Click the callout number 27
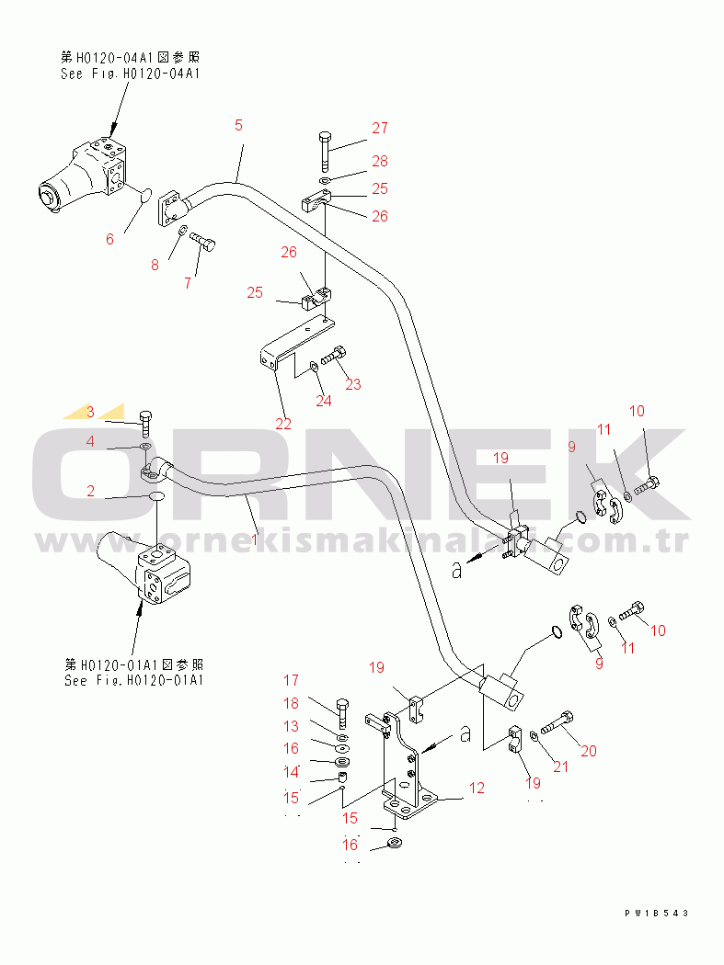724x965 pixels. coord(380,129)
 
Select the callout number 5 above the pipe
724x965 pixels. coord(238,125)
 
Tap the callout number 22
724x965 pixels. coord(282,424)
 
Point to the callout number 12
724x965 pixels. coord(476,788)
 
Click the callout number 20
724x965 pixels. coord(588,751)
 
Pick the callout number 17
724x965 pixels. coord(291,681)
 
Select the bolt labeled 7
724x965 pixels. coord(205,243)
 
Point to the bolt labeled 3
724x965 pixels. coord(146,423)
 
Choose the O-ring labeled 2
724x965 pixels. coord(157,496)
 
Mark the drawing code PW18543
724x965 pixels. coord(656,913)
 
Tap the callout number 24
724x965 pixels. coord(322,400)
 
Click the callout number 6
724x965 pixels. coord(109,239)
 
